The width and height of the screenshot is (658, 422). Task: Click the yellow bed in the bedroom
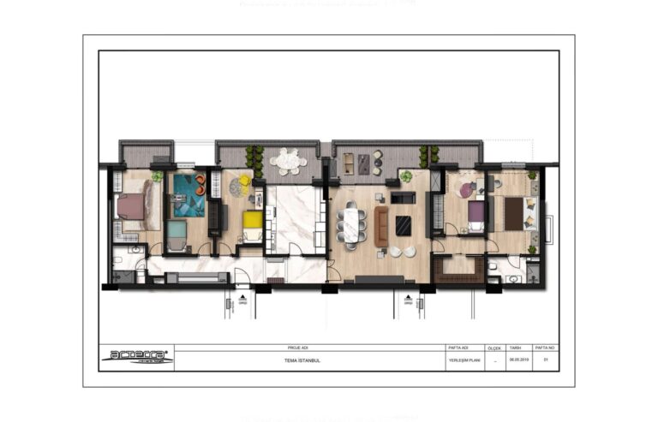252,221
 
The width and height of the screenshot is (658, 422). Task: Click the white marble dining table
350,223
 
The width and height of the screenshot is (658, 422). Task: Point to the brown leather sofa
380,226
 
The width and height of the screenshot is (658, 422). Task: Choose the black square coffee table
403,225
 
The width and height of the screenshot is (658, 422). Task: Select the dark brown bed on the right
514,213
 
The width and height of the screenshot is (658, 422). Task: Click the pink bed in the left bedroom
131,206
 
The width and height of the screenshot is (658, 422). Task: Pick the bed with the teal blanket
176,231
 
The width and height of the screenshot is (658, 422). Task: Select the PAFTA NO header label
545,348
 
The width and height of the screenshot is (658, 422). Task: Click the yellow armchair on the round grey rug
243,181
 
